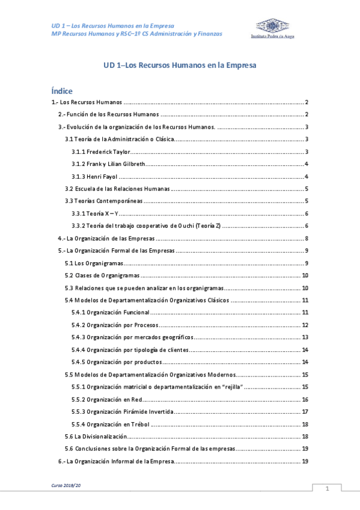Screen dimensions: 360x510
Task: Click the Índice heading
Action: [62, 91]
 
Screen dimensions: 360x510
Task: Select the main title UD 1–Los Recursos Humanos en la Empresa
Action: [180, 66]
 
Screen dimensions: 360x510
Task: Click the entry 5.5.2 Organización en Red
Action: [106, 399]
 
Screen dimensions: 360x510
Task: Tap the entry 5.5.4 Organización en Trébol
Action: [111, 424]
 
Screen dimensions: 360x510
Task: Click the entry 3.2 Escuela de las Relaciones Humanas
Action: [117, 189]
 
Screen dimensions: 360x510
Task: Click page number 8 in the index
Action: [307, 239]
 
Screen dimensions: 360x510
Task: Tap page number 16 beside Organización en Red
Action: [305, 399]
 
